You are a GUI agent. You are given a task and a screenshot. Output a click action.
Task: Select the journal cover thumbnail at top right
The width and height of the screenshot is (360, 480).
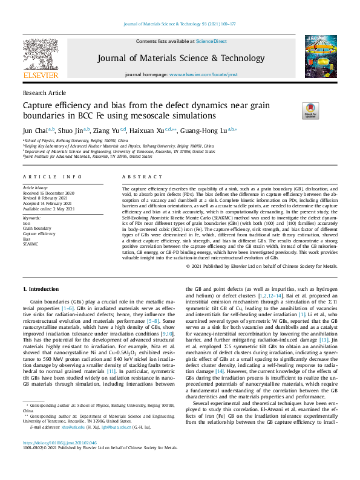coord(318,58)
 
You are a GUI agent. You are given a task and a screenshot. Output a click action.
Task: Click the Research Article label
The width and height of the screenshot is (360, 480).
coord(44,92)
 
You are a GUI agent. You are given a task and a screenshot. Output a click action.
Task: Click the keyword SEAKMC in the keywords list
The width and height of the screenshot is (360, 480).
coord(31,244)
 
